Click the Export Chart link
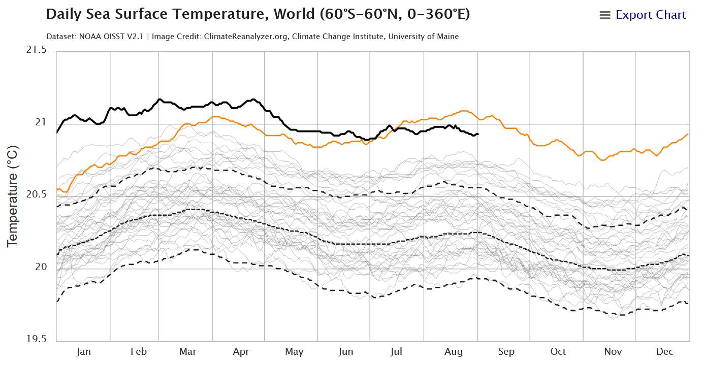[x=651, y=15]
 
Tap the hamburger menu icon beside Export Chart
[x=604, y=15]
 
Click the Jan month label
[x=83, y=351]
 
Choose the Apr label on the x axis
[x=241, y=351]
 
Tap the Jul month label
[x=397, y=351]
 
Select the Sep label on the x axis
[x=506, y=351]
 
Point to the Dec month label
[x=664, y=351]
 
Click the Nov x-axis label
[x=613, y=351]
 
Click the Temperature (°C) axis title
[x=13, y=196]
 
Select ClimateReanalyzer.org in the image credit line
[x=247, y=37]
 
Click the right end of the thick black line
[x=478, y=134]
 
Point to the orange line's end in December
[x=688, y=134]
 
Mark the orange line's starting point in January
[x=57, y=189]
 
